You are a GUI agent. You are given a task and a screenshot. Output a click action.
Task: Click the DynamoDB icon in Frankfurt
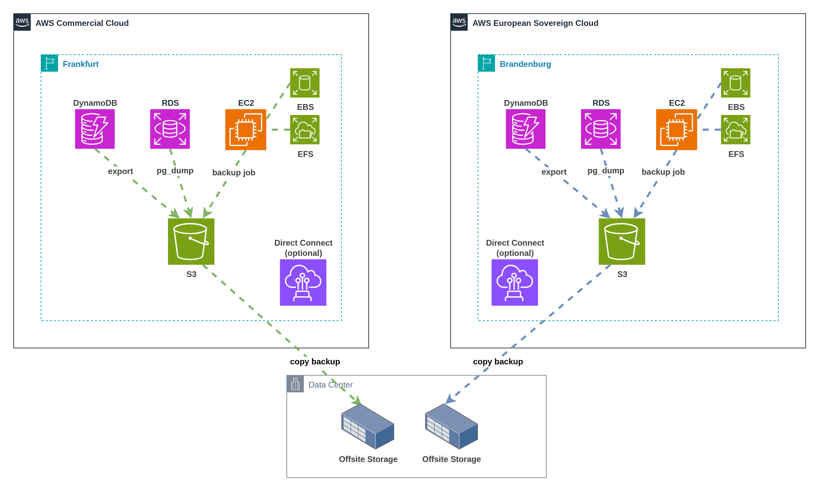pos(95,129)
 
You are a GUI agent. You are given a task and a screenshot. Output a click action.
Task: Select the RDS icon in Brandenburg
pos(601,129)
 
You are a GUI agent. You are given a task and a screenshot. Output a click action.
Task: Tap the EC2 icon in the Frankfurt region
pos(246,130)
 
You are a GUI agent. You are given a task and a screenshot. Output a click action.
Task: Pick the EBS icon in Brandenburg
pos(736,83)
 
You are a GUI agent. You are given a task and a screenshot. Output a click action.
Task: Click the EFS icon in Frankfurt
pos(305,130)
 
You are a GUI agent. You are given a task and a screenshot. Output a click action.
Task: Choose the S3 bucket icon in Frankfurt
pos(191,242)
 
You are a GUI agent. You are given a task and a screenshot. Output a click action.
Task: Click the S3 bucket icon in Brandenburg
pos(622,242)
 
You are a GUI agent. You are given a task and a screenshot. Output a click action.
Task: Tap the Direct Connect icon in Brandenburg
pos(515,283)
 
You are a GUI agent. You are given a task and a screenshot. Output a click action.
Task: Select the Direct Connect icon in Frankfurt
pos(303,283)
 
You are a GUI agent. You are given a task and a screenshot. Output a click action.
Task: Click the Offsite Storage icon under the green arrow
pos(368,426)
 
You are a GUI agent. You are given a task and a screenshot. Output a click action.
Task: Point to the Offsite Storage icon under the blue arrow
pos(451,426)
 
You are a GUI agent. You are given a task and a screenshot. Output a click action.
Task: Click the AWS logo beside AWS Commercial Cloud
pos(22,22)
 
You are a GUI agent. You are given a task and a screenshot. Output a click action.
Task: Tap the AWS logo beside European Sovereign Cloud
pos(459,22)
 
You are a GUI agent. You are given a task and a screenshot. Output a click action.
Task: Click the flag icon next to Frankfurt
pos(50,63)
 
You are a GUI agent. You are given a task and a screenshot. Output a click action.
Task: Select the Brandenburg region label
pos(525,64)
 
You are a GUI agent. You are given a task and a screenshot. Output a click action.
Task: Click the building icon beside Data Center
pos(295,384)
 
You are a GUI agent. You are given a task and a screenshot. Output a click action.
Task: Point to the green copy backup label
pos(315,362)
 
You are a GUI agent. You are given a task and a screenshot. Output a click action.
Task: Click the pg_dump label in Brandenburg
pos(606,171)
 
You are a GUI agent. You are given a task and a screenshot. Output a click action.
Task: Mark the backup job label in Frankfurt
pos(234,173)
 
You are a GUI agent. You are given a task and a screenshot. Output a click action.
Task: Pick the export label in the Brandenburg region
pos(554,172)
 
